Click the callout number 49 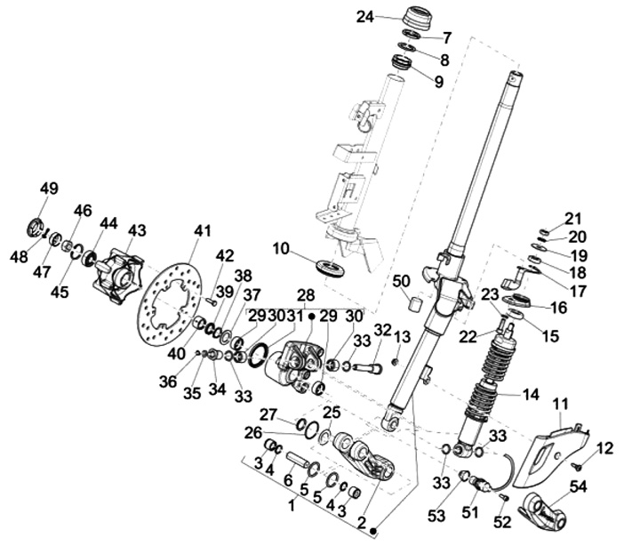coord(49,189)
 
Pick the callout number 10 coord(281,248)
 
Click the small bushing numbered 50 coord(416,305)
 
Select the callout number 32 coord(382,330)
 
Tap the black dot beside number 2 coord(372,531)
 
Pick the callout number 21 coord(572,219)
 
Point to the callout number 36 coord(168,381)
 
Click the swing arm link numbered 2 coord(364,455)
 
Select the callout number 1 coord(292,506)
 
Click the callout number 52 coord(502,522)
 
